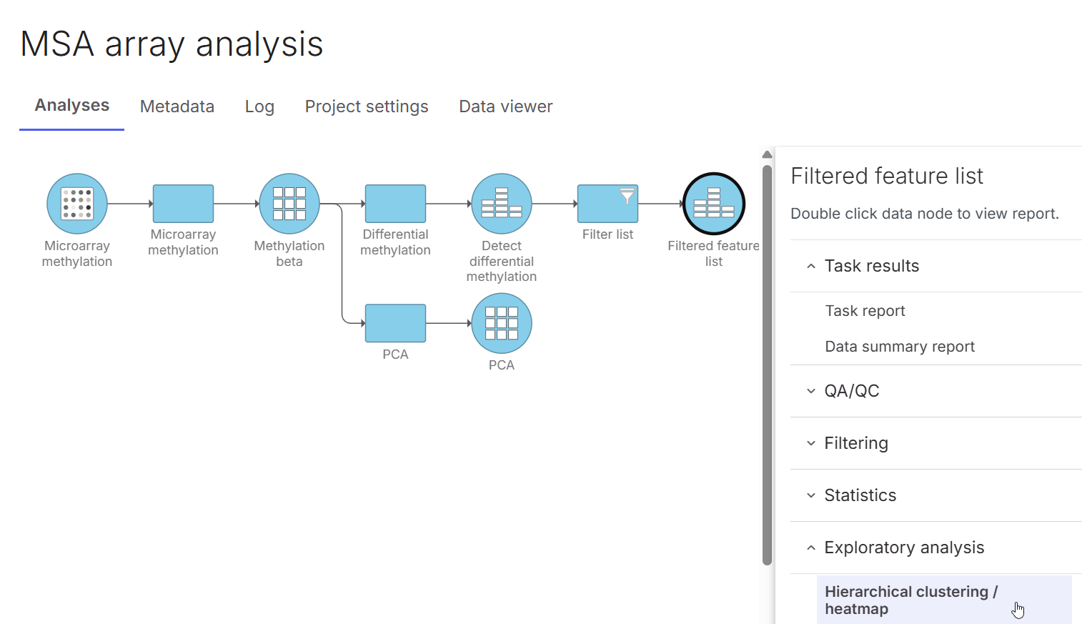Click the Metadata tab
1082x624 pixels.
tap(177, 107)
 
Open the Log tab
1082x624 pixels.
tap(259, 107)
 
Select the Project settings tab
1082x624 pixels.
tap(366, 107)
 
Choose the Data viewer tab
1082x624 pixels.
tap(505, 107)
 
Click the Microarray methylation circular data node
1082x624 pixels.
tap(77, 204)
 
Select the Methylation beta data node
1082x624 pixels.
tap(289, 204)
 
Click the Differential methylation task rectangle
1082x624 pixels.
tap(395, 204)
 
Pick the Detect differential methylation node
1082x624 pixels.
tap(502, 204)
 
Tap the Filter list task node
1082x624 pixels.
tap(607, 204)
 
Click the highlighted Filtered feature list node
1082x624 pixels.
tap(714, 204)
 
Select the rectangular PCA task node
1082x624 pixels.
tap(395, 323)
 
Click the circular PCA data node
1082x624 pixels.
tap(502, 323)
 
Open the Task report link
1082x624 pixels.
tap(865, 311)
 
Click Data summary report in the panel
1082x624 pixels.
tap(900, 347)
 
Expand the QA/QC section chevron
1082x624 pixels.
tap(811, 391)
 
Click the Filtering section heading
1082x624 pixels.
tap(856, 443)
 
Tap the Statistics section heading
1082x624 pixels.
tap(860, 495)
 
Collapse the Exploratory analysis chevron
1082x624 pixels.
tap(811, 548)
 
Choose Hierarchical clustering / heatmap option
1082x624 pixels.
tap(910, 600)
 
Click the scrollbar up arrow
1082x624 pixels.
tap(767, 154)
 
